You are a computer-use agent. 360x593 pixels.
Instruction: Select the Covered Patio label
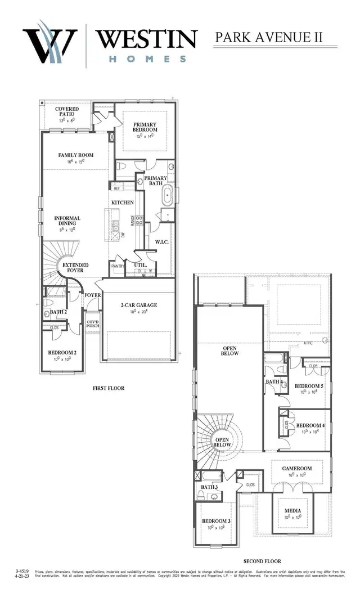(x=67, y=111)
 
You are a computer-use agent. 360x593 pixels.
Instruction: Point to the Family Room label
(x=75, y=155)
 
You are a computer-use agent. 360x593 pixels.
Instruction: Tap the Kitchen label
(x=122, y=202)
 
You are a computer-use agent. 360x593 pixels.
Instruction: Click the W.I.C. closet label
(x=162, y=242)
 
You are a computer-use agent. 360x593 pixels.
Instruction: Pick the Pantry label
(x=118, y=266)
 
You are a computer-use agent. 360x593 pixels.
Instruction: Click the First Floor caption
(x=109, y=388)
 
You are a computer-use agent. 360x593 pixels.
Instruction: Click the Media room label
(x=292, y=510)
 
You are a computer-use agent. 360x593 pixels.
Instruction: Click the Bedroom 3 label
(x=216, y=521)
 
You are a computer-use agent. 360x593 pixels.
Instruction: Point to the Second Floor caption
(x=262, y=561)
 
